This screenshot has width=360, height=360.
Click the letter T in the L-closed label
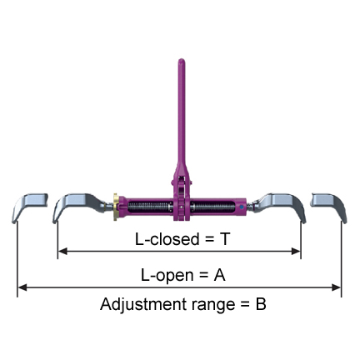[224, 239]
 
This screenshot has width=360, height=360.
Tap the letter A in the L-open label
[219, 275]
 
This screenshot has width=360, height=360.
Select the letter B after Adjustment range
[261, 304]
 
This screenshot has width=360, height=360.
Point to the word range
[213, 306]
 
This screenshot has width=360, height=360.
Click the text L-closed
[167, 239]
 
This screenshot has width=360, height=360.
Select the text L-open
[167, 276]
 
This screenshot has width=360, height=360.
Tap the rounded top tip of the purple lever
[182, 60]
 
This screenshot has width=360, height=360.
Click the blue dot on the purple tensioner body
[242, 207]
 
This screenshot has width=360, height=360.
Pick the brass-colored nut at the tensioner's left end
[116, 207]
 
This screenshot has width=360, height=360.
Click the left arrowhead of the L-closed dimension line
[62, 252]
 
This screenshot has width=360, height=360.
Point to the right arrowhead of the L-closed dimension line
[296, 252]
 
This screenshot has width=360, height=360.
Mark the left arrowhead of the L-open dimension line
[22, 287]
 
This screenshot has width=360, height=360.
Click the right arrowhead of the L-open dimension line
[337, 287]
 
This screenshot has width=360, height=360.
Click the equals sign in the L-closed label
[209, 239]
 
